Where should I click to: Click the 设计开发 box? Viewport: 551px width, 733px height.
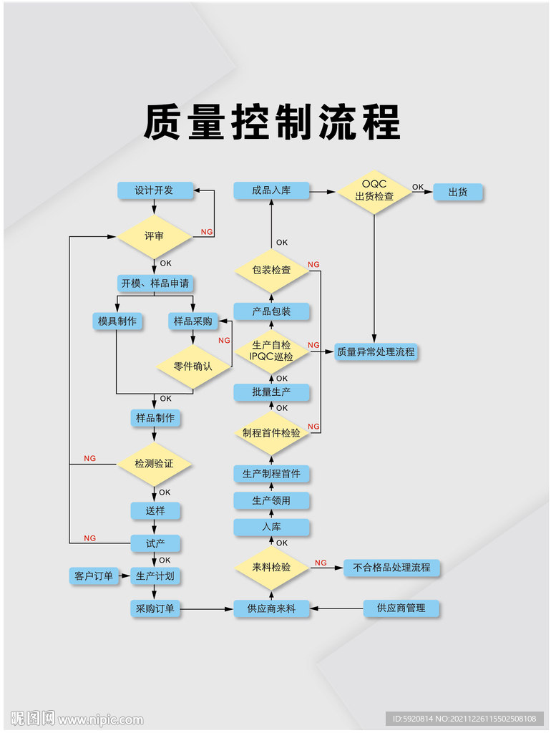pyautogui.click(x=155, y=190)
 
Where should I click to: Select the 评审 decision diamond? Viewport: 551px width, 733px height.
pyautogui.click(x=155, y=236)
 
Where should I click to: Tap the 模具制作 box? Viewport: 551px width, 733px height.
pyautogui.click(x=117, y=321)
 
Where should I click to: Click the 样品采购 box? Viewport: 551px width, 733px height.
pyautogui.click(x=193, y=321)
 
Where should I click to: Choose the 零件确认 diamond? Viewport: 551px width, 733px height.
pyautogui.click(x=193, y=366)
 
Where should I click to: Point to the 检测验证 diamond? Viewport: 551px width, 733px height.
pyautogui.click(x=155, y=464)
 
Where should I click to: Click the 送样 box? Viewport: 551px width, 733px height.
pyautogui.click(x=155, y=511)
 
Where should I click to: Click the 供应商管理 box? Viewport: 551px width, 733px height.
pyautogui.click(x=401, y=608)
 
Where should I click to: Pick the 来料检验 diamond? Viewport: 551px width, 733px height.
pyautogui.click(x=272, y=568)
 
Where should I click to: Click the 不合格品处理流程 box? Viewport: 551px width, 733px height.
pyautogui.click(x=391, y=568)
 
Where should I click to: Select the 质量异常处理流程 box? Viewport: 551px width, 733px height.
pyautogui.click(x=376, y=352)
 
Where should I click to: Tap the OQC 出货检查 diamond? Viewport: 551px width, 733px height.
pyautogui.click(x=374, y=191)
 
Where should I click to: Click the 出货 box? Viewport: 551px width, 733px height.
pyautogui.click(x=458, y=193)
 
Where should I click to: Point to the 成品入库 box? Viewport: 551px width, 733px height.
pyautogui.click(x=271, y=190)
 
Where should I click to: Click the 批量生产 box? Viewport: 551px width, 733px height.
pyautogui.click(x=272, y=392)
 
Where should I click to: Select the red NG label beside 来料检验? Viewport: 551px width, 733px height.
pyautogui.click(x=321, y=563)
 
